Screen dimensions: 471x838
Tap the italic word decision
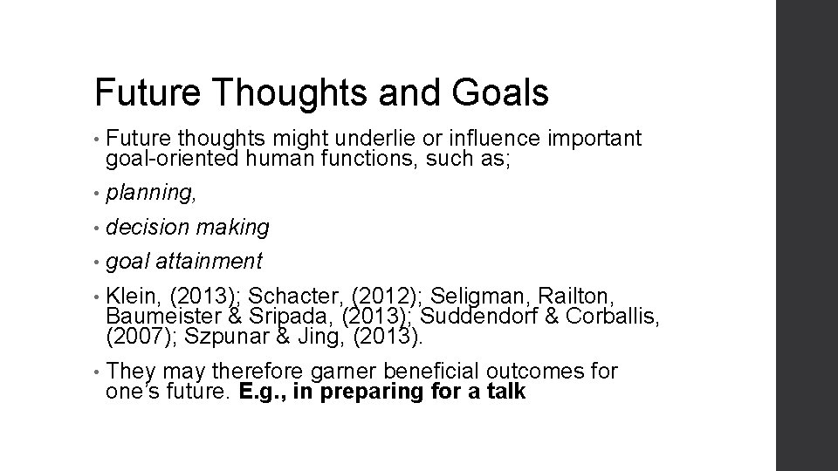(147, 228)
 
